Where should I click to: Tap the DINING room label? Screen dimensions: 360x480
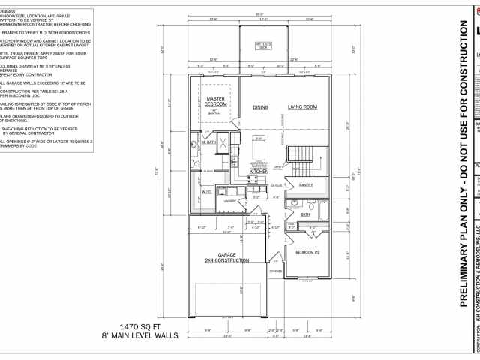coord(260,107)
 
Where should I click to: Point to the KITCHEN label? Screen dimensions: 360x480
coord(259,172)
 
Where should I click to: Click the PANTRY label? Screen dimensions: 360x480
coord(305,184)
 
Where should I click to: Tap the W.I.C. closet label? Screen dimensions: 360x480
coord(207,192)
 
